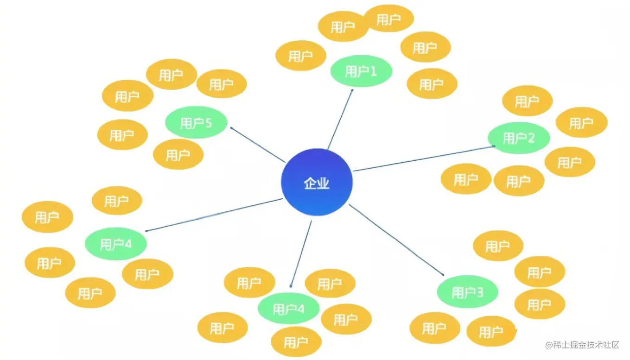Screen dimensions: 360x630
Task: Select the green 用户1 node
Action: coord(361,71)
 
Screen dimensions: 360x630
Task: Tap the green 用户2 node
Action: coord(518,138)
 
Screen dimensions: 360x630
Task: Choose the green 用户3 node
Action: coord(467,292)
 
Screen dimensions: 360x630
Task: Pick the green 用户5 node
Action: coord(196,123)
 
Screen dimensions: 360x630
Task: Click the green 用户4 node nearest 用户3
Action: coord(288,309)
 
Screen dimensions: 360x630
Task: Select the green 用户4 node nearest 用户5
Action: coord(116,244)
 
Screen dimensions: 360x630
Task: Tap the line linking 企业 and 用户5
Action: coord(257,145)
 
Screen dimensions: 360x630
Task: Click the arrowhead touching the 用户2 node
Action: coord(493,146)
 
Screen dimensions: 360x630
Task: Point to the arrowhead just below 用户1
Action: coord(352,90)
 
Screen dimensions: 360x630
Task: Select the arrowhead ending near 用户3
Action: coord(443,275)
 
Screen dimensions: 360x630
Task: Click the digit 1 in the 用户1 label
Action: coord(373,71)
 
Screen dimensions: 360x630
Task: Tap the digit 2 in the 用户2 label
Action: coord(531,138)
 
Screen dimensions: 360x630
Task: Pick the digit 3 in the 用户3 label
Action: coord(480,292)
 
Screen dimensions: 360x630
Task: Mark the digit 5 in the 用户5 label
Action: coord(208,123)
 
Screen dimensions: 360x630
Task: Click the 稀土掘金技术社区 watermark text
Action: coord(586,345)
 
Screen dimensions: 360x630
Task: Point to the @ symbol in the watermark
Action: coord(548,345)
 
